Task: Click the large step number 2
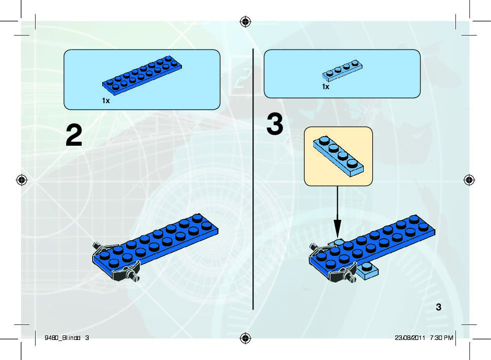coord(74,136)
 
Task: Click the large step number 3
coord(275,125)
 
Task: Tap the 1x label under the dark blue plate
coord(106,101)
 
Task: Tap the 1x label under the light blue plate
coord(326,87)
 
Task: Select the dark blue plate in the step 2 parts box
coord(141,75)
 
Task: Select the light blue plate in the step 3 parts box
coord(342,71)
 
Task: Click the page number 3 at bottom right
coord(438,307)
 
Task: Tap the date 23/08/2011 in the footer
coord(410,337)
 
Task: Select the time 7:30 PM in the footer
coord(441,337)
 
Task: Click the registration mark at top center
coord(245,22)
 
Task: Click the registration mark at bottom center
coord(245,338)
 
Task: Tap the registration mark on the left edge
coord(22,180)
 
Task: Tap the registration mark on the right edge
coord(469,180)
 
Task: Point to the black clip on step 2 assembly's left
coord(100,247)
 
